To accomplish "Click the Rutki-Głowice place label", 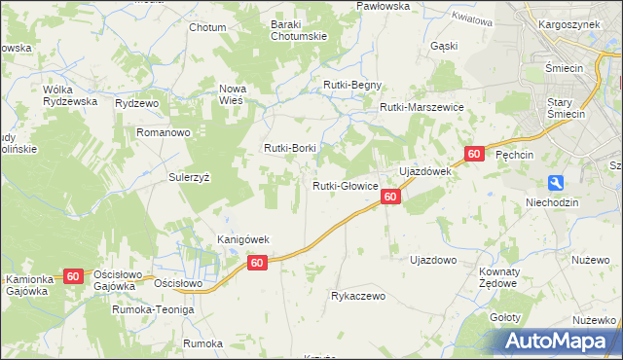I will click(x=345, y=186).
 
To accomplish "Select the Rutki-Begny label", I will click(x=352, y=85).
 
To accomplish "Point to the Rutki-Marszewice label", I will click(x=421, y=108).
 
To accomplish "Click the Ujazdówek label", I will click(x=424, y=171).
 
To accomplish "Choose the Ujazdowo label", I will click(x=433, y=261).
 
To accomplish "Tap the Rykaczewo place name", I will click(x=359, y=296).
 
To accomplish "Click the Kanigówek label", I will click(x=242, y=239).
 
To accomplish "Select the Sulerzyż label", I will click(x=190, y=179).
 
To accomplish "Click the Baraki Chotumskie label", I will click(x=298, y=30).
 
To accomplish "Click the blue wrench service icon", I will click(x=555, y=182).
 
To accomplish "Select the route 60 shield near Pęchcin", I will click(x=474, y=154).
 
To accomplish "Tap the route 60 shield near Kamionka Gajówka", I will click(x=74, y=276).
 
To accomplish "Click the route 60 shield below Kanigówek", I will click(x=257, y=263).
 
